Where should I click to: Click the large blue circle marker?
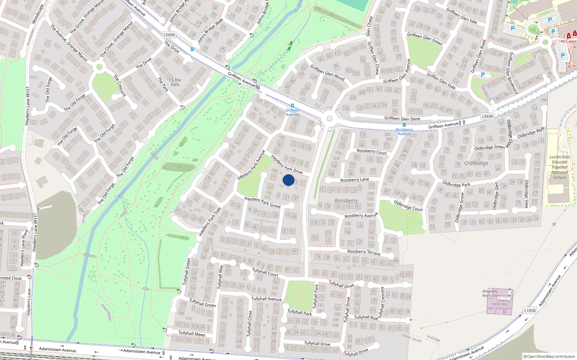[x=288, y=180]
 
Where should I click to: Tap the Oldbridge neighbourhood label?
[x=476, y=163]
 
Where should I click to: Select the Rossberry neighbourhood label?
[x=346, y=201]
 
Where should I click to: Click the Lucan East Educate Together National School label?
[x=560, y=167]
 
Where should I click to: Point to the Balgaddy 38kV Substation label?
[x=499, y=306]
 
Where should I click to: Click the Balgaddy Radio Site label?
[x=490, y=293]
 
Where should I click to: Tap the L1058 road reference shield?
[x=530, y=310]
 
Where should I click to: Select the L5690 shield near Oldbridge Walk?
[x=488, y=116]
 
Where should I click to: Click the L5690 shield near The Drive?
[x=169, y=35]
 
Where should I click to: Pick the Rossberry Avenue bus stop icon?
[x=404, y=125]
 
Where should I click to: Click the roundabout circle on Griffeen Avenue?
[x=329, y=119]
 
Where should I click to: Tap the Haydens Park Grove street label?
[x=262, y=202]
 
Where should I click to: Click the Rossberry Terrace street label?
[x=364, y=252]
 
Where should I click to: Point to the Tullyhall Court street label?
[x=265, y=272]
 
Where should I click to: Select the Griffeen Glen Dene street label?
[x=402, y=118]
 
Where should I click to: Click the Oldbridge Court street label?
[x=408, y=206]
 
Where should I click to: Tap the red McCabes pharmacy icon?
[x=569, y=36]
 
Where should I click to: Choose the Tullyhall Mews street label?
[x=192, y=334]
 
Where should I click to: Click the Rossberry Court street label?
[x=371, y=152]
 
